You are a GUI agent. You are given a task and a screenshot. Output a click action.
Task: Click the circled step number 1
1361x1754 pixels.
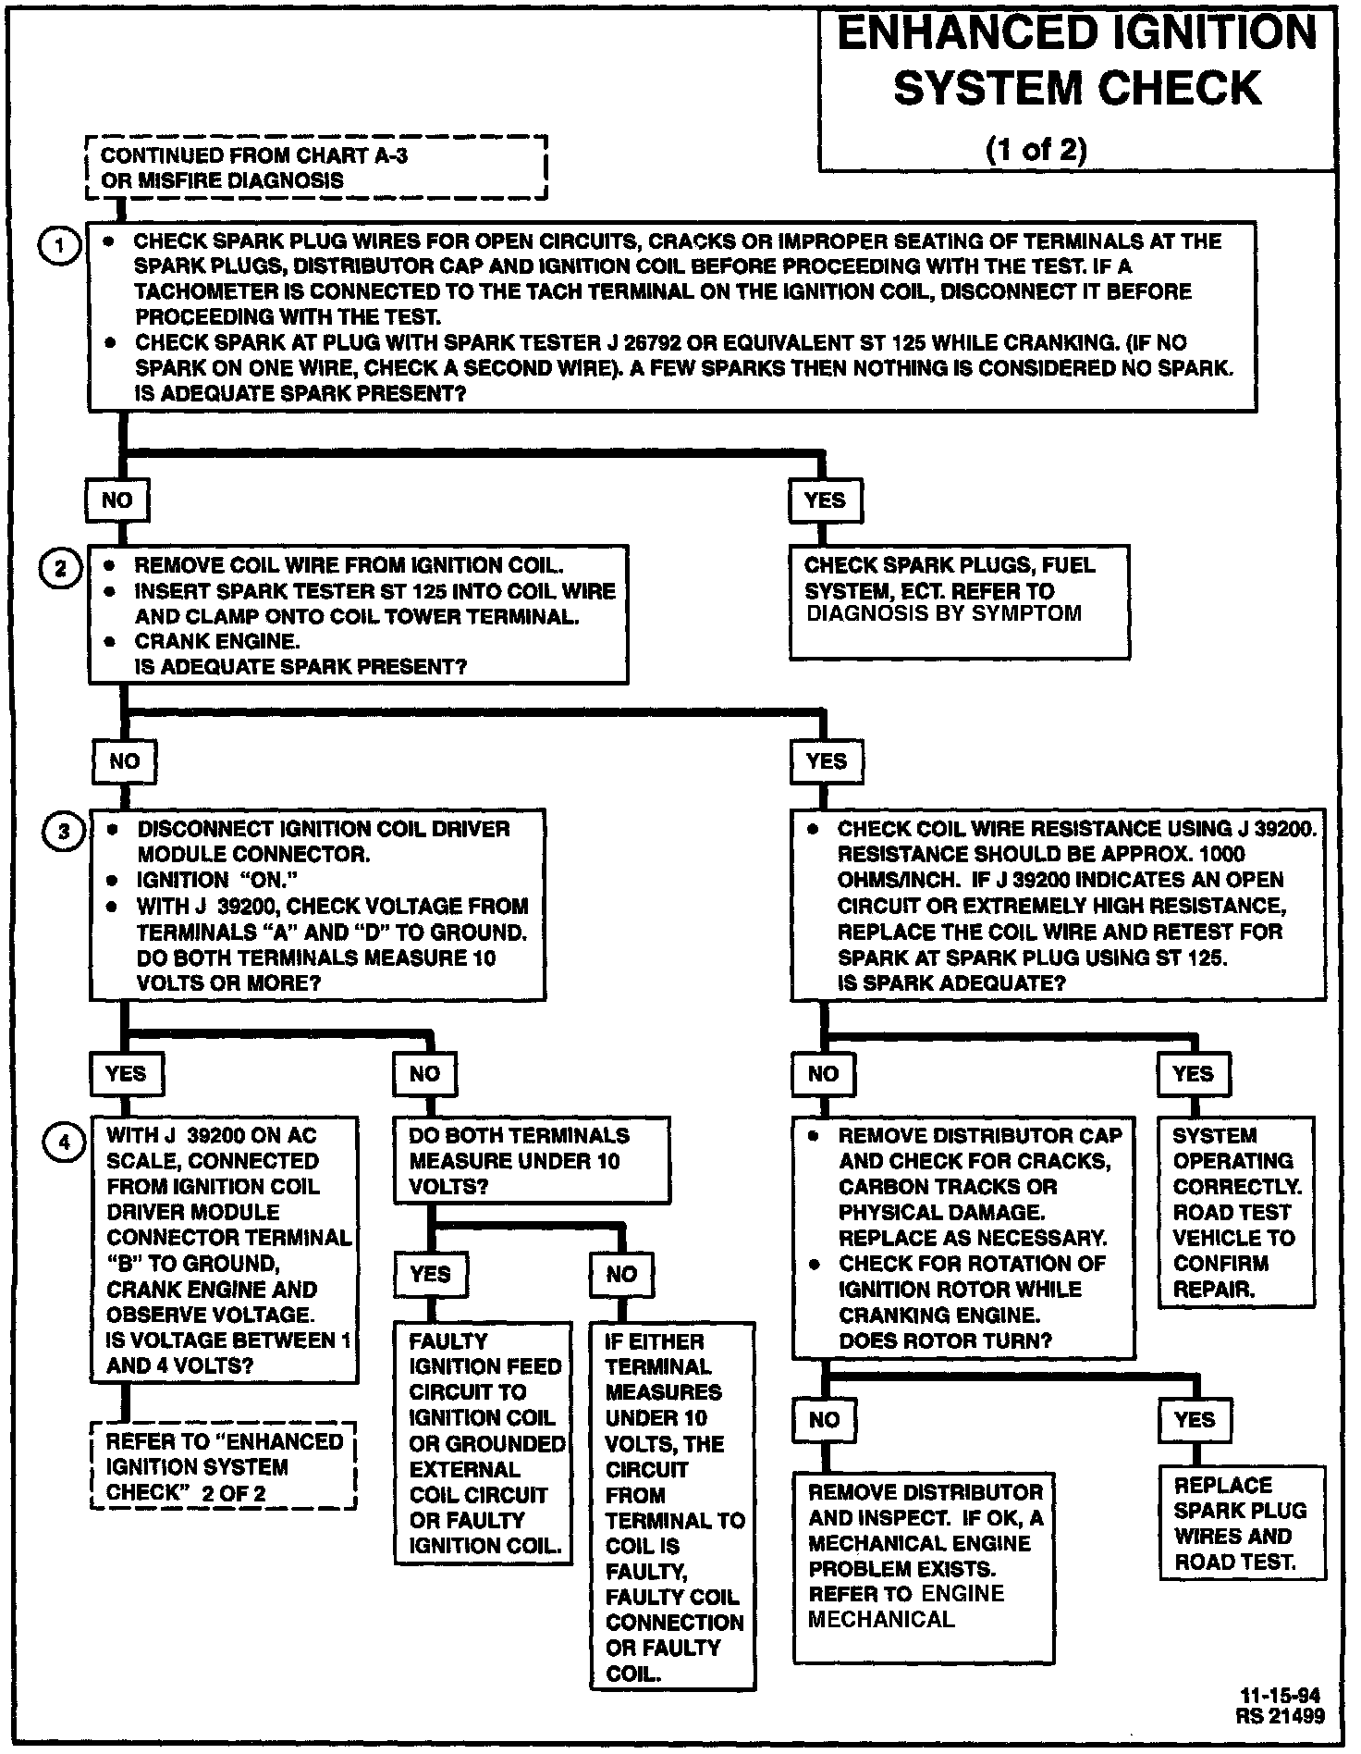click(61, 246)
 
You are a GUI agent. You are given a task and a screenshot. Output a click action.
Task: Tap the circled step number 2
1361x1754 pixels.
click(61, 567)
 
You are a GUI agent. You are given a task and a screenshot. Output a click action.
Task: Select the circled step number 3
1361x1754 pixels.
click(64, 832)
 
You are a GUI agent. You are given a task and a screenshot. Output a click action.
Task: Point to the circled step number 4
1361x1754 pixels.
click(64, 1142)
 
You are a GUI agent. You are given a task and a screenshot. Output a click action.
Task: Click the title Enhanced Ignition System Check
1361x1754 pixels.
click(1076, 60)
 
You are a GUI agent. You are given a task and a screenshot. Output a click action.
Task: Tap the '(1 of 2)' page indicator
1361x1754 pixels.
click(1036, 149)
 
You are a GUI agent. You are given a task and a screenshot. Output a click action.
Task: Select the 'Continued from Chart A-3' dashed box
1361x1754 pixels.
click(315, 167)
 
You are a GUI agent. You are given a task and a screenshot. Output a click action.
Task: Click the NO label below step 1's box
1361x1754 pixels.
click(117, 500)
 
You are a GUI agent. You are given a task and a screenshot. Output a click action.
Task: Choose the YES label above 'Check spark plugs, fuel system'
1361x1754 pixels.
click(825, 500)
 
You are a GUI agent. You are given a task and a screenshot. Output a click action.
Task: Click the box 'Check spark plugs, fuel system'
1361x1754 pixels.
click(959, 602)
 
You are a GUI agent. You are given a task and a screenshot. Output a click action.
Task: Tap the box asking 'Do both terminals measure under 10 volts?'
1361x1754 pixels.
click(532, 1161)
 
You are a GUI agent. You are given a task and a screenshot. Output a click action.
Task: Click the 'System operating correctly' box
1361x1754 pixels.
click(1236, 1212)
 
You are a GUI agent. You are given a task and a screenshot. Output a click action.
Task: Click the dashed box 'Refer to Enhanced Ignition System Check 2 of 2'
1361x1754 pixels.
click(224, 1466)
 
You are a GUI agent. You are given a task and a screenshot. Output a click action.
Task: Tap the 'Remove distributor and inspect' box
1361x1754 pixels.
click(924, 1568)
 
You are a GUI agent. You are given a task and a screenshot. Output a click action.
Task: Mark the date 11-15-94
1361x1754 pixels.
click(1280, 1696)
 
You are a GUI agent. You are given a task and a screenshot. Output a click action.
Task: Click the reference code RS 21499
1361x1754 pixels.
click(1280, 1716)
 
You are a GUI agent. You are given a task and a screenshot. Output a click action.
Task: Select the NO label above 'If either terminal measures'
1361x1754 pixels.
click(621, 1275)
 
